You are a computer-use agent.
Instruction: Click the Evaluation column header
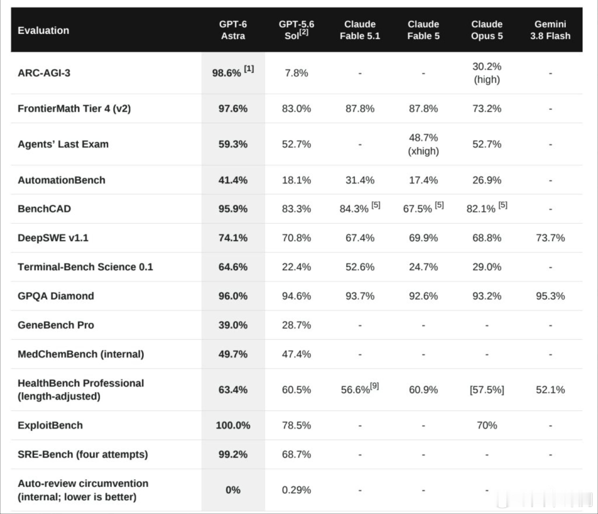coord(43,30)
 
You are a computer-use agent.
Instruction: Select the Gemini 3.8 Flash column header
coord(550,30)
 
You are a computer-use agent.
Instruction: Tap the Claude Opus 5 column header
coord(487,30)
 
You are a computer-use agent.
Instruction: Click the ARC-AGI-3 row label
coord(44,73)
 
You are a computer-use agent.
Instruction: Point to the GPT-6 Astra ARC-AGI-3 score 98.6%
coord(227,73)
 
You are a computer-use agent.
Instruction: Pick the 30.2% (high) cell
coord(487,73)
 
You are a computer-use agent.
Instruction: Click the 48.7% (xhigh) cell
coord(423,144)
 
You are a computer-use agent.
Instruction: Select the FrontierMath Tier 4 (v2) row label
coord(74,109)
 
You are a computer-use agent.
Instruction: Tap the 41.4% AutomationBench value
coord(233,180)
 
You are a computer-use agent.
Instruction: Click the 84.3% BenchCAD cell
coord(354,209)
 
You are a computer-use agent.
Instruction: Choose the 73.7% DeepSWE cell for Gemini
coord(550,238)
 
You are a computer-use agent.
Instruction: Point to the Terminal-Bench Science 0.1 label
coord(86,267)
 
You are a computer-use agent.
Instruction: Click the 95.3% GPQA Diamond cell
coord(550,296)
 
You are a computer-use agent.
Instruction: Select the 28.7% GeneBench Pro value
coord(296,325)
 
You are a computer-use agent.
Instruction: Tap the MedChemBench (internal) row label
coord(81,354)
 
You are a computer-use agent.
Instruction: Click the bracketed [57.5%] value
coord(487,390)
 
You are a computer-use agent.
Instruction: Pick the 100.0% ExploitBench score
coord(233,425)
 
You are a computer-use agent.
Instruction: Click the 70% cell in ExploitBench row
coord(487,425)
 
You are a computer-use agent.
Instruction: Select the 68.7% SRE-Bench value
coord(296,455)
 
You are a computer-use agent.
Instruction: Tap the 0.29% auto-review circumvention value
coord(296,490)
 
